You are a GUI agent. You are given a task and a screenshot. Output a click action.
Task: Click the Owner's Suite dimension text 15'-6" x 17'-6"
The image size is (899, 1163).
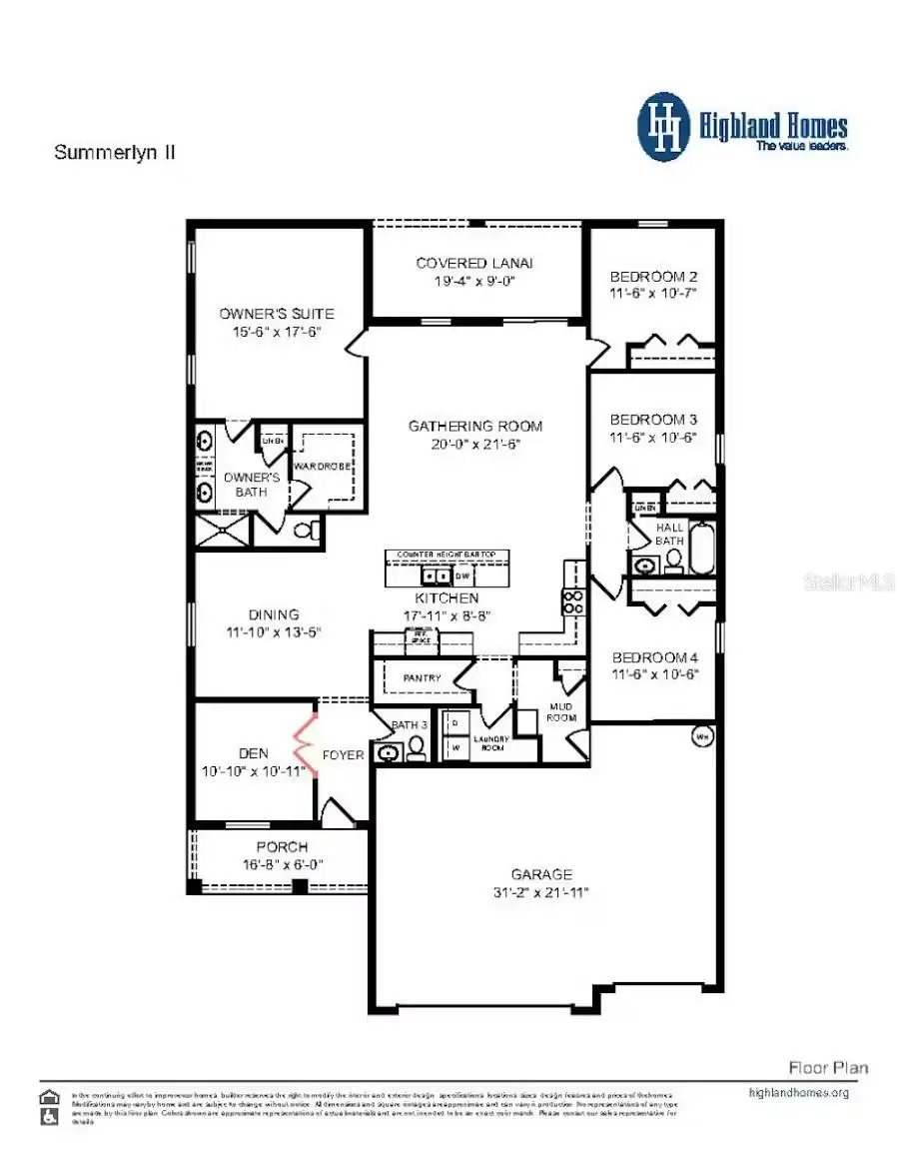tap(277, 333)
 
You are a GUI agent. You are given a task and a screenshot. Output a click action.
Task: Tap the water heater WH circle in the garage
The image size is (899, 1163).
tap(701, 737)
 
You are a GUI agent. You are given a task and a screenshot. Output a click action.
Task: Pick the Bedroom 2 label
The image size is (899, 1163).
tap(652, 276)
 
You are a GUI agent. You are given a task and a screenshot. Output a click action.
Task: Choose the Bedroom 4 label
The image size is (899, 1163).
tap(654, 656)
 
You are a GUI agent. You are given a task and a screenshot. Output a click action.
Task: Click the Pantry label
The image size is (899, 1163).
tap(422, 678)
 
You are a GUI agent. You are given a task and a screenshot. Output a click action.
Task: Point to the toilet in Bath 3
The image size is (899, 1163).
tap(415, 750)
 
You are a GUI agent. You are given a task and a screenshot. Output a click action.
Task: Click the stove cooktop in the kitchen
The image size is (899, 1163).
tap(575, 601)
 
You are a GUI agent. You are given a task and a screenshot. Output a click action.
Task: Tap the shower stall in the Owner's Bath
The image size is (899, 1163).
tap(223, 530)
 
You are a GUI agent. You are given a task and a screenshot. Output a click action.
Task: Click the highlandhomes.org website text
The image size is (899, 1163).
tap(798, 1092)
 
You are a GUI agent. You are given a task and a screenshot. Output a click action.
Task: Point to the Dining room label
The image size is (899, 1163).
tap(274, 614)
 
